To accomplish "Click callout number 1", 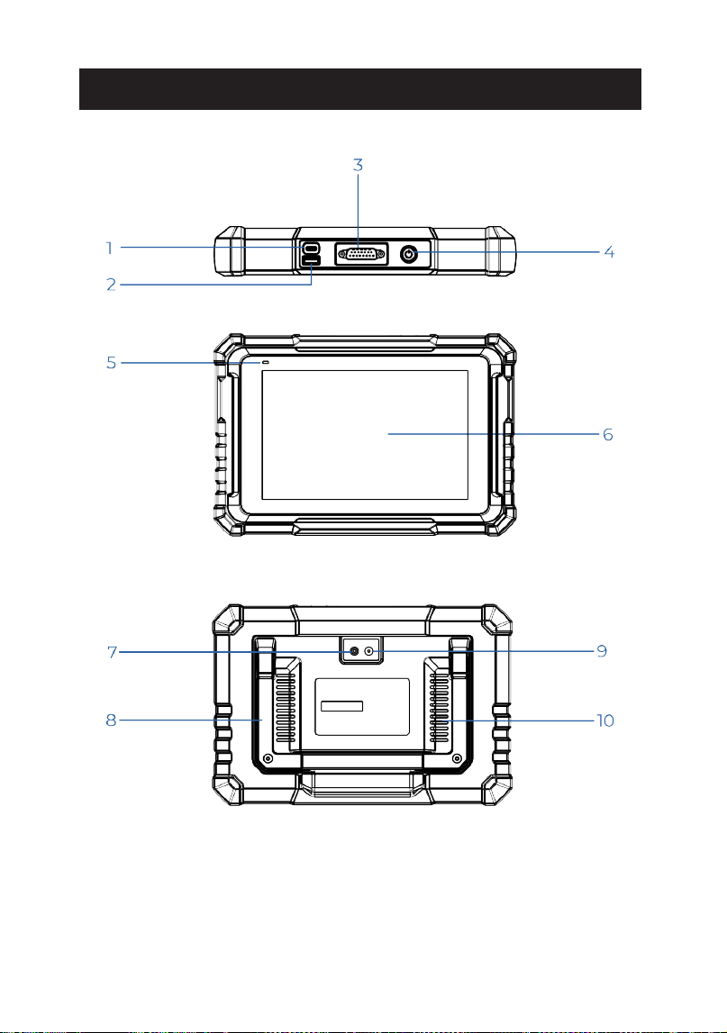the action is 109,249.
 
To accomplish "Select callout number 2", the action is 112,285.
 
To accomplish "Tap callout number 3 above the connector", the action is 358,165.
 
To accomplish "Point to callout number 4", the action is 610,251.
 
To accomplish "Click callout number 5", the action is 112,362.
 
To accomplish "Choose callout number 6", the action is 608,434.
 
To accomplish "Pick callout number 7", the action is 112,652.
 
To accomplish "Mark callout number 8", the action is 112,720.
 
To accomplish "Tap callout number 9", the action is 602,651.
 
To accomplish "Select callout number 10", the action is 605,720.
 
